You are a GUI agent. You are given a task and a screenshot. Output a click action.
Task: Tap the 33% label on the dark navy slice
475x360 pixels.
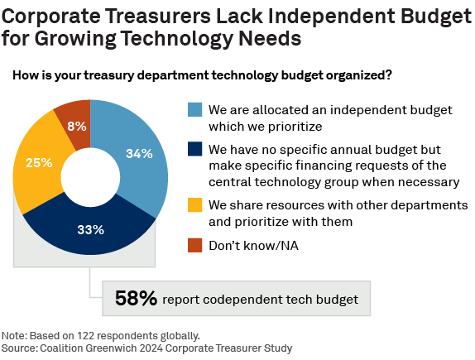click(90, 229)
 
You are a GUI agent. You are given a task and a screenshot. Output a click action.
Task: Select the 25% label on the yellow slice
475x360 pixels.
click(39, 163)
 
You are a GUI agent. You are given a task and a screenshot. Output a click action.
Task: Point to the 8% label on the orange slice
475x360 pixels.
click(76, 127)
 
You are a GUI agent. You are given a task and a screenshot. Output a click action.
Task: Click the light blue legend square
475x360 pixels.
click(194, 110)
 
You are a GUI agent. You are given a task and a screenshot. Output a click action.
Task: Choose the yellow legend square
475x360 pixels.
click(194, 205)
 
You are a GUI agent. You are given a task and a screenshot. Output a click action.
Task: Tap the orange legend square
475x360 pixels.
click(194, 246)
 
